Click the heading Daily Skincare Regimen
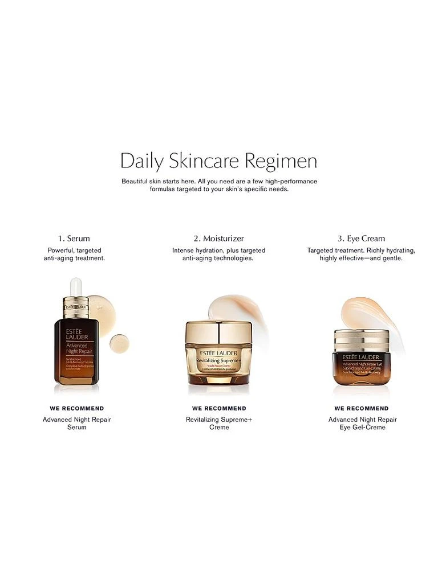pyautogui.click(x=218, y=161)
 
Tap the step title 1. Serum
pyautogui.click(x=74, y=239)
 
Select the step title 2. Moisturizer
pyautogui.click(x=219, y=239)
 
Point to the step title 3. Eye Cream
pyautogui.click(x=361, y=239)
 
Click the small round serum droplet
pyautogui.click(x=119, y=342)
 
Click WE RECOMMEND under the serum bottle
pyautogui.click(x=77, y=408)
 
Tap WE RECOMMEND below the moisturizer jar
pyautogui.click(x=219, y=408)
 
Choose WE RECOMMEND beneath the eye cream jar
pyautogui.click(x=362, y=408)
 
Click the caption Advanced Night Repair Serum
pyautogui.click(x=77, y=424)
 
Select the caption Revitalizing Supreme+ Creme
pyautogui.click(x=219, y=424)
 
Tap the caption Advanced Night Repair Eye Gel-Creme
pyautogui.click(x=362, y=424)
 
